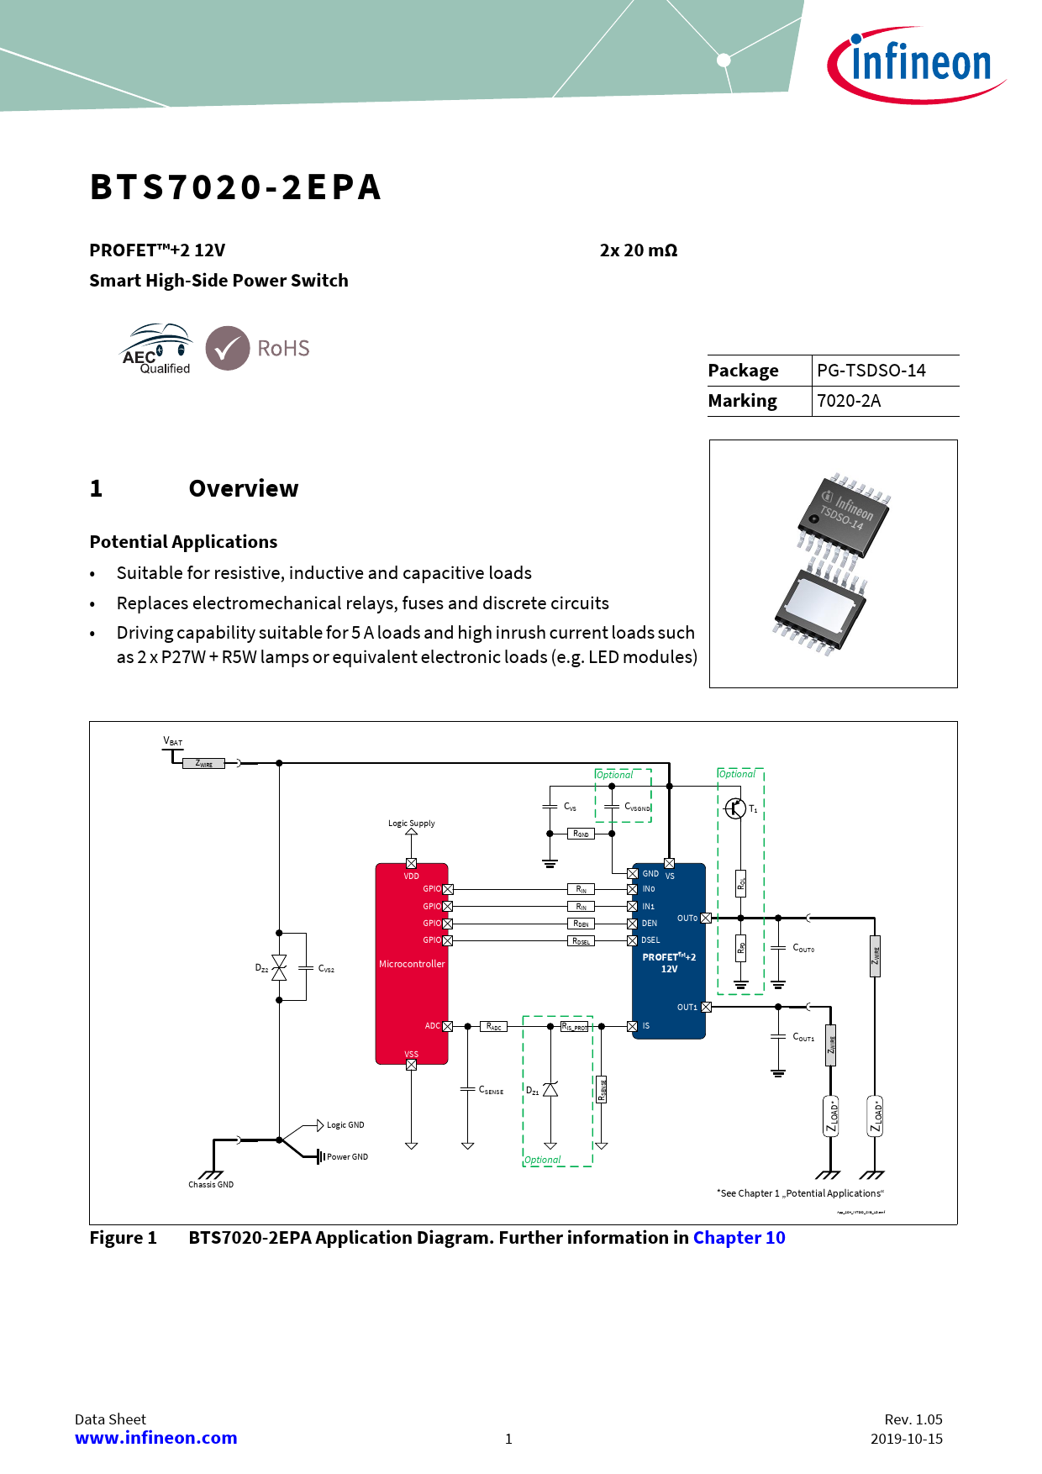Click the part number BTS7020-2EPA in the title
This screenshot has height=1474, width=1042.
pyautogui.click(x=236, y=187)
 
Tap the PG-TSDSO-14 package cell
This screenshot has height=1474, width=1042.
pyautogui.click(x=871, y=371)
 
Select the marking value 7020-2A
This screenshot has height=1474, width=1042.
pyautogui.click(x=849, y=401)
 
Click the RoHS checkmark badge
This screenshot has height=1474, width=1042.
pyautogui.click(x=228, y=348)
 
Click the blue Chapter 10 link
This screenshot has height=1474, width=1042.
pyautogui.click(x=739, y=1238)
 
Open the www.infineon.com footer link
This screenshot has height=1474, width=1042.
pyautogui.click(x=156, y=1438)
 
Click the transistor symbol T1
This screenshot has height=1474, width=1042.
pyautogui.click(x=735, y=808)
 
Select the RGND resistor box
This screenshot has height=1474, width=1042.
pyautogui.click(x=582, y=834)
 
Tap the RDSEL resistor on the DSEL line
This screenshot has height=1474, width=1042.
pyautogui.click(x=582, y=940)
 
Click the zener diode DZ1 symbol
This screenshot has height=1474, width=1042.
pyautogui.click(x=550, y=1090)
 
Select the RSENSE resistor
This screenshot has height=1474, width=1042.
pyautogui.click(x=602, y=1090)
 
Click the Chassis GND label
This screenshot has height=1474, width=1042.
pyautogui.click(x=211, y=1184)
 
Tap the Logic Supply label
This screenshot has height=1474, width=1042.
pyautogui.click(x=412, y=823)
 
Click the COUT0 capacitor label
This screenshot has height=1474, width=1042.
pyautogui.click(x=803, y=948)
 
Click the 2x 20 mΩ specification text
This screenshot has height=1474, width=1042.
pyautogui.click(x=639, y=250)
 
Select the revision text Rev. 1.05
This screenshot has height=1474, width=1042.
pyautogui.click(x=913, y=1419)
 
